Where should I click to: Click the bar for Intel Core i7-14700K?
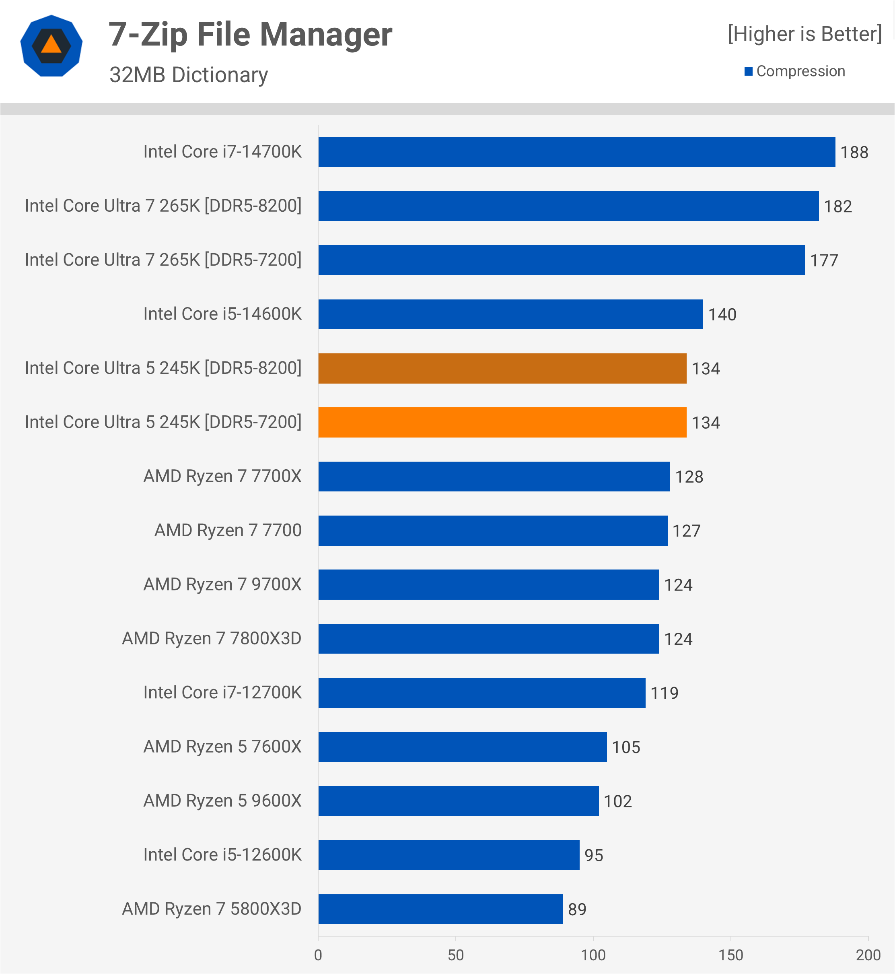coord(577,152)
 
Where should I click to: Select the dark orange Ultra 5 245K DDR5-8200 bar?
coord(502,368)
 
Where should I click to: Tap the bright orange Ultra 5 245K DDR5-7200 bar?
coord(502,422)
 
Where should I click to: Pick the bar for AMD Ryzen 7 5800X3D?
coord(441,909)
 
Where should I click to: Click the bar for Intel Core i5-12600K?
coord(449,855)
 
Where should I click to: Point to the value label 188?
coord(854,153)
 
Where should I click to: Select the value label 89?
coord(577,910)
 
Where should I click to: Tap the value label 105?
coord(626,747)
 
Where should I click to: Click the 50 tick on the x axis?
coord(456,955)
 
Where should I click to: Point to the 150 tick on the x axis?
coord(731,955)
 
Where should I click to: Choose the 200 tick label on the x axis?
coord(868,955)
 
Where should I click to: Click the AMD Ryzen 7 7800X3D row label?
coord(212,638)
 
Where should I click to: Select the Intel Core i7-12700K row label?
coord(222,692)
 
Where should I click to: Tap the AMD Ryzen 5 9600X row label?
coord(222,801)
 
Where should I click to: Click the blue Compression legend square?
coord(748,72)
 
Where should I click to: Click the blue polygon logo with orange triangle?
coord(51,45)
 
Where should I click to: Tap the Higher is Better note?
coord(804,34)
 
